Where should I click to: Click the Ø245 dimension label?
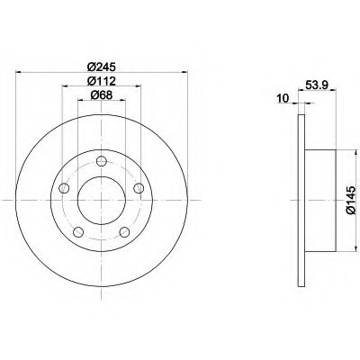pyautogui.click(x=102, y=67)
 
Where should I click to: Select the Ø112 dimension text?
pyautogui.click(x=102, y=81)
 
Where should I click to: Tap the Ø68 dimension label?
pyautogui.click(x=102, y=95)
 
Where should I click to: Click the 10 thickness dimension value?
pyautogui.click(x=283, y=98)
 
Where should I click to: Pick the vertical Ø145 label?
pyautogui.click(x=351, y=200)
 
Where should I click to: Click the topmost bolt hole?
pyautogui.click(x=102, y=161)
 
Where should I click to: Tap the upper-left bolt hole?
pyautogui.click(x=64, y=188)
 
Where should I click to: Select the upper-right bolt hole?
pyautogui.click(x=139, y=188)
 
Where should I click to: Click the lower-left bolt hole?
pyautogui.click(x=78, y=231)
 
